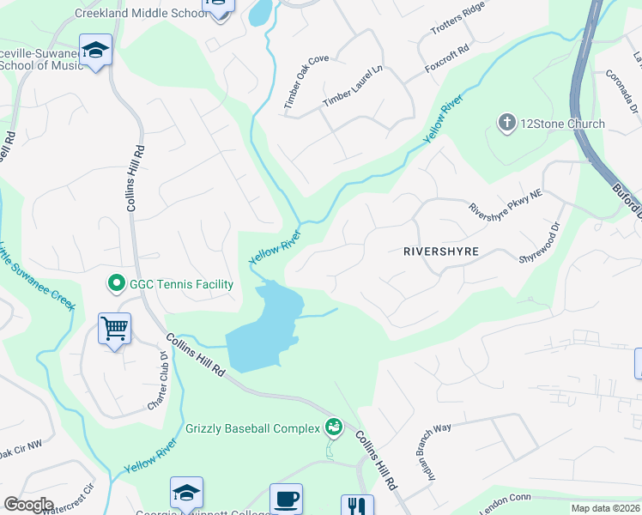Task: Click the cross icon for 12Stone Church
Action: pos(506,124)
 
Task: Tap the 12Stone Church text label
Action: pos(563,124)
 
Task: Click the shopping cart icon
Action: pos(114,328)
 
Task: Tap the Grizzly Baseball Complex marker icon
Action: pos(333,427)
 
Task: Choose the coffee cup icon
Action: pos(286,497)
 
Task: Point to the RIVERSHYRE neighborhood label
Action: pos(440,251)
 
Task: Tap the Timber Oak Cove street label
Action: pos(306,82)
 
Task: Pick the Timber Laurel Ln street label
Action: pos(352,87)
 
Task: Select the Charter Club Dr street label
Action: pos(156,379)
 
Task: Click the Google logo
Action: pos(28,505)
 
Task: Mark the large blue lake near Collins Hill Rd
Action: pos(266,335)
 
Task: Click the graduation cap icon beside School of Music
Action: pos(96,51)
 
